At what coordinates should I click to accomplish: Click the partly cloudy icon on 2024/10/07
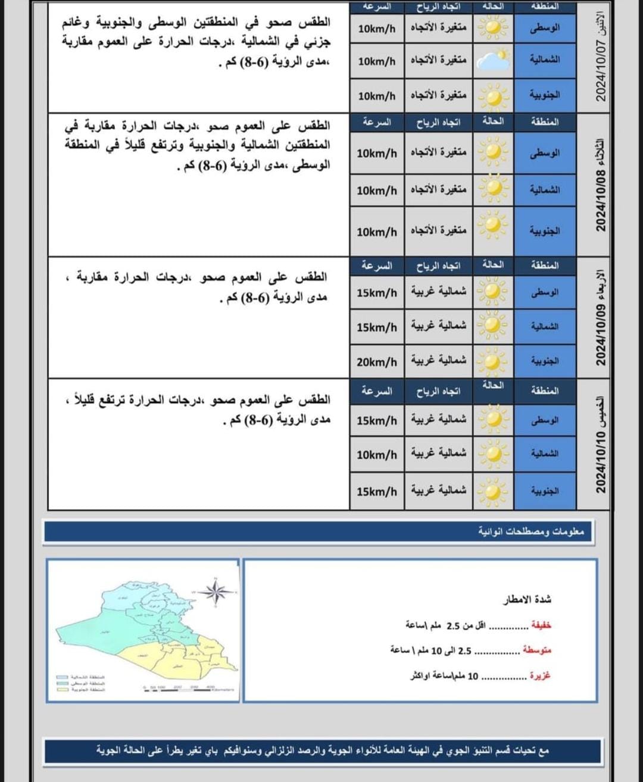point(493,61)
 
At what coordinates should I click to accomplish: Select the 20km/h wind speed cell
point(376,362)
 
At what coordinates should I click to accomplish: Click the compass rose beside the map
point(216,591)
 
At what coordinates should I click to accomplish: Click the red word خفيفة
point(540,625)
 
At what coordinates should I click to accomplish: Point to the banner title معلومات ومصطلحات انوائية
point(531,531)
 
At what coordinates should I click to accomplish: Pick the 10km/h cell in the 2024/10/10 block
point(376,455)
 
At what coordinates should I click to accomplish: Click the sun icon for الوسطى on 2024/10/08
point(493,152)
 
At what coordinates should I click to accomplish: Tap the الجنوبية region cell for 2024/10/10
point(544,491)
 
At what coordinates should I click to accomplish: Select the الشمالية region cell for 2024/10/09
point(544,327)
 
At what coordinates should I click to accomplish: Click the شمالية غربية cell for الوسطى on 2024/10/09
point(438,292)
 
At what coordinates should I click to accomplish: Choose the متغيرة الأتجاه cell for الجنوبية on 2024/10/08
point(438,230)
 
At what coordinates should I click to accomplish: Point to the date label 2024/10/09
point(601,319)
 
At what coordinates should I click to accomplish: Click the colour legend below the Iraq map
point(81,683)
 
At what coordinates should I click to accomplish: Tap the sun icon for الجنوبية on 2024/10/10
point(493,491)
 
